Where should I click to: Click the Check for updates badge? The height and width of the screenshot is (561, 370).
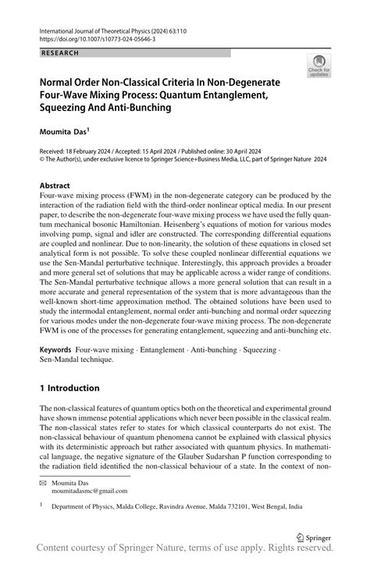(x=318, y=66)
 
